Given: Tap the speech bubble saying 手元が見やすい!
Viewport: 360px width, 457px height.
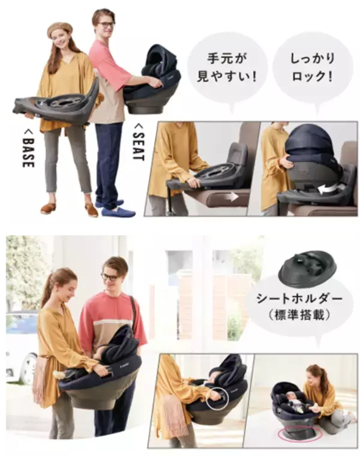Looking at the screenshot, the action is [227, 70].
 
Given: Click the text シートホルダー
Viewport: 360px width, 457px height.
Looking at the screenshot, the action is [299, 299].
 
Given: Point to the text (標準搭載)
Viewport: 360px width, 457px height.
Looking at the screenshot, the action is [299, 315].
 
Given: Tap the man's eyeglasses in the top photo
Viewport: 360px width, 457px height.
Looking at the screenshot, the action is [106, 25].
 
